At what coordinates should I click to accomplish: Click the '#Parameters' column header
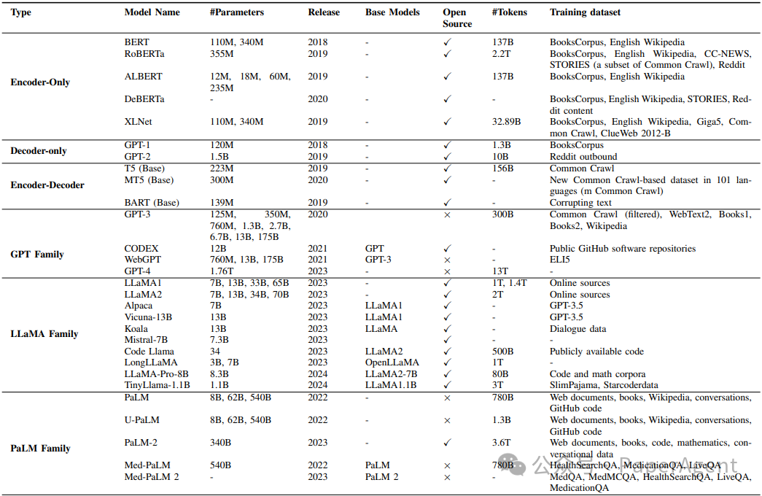236,12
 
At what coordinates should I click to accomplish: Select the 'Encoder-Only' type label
40,82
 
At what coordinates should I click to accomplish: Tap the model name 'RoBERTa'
144,54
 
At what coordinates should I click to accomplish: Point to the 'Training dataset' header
586,12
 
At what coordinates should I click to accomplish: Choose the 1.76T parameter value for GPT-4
222,271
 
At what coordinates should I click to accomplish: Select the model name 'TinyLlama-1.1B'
158,385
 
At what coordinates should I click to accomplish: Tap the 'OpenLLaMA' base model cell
392,363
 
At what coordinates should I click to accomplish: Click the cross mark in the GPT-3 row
447,215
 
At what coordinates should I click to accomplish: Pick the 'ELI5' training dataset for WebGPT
559,260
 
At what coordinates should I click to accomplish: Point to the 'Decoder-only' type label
39,151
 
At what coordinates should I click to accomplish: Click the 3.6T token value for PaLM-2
502,443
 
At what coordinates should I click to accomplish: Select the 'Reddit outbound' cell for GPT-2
583,157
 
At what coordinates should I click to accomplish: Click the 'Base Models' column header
392,12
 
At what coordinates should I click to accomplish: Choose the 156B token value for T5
502,168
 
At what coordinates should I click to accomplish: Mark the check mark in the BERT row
447,43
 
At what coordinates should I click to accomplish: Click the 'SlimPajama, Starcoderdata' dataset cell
604,385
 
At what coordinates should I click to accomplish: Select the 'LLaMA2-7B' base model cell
392,374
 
